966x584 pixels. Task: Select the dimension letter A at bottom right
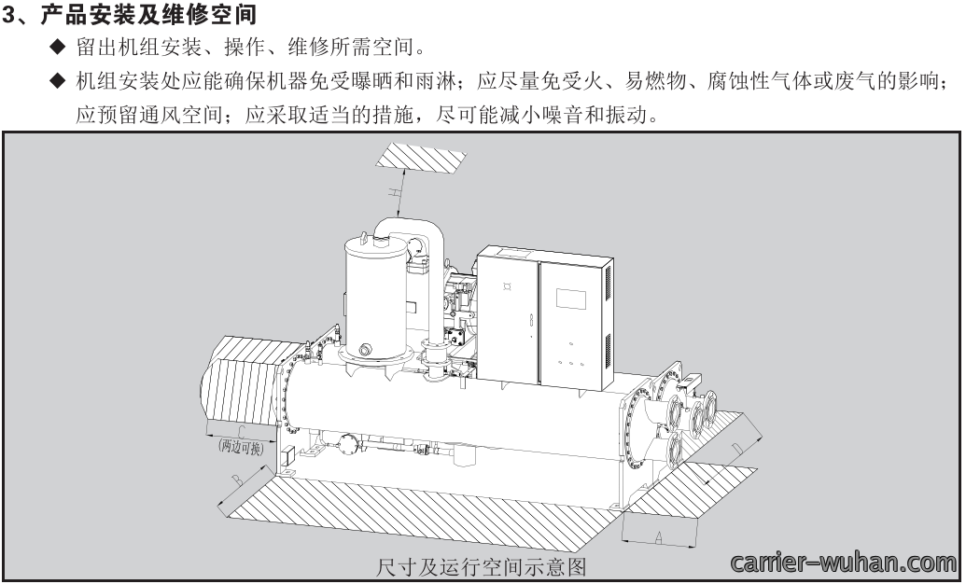pos(658,536)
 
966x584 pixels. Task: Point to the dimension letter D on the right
pos(735,447)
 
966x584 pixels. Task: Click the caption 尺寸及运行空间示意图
pos(481,566)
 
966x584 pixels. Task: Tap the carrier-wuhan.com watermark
pos(843,563)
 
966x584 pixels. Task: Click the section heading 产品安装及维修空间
pos(148,15)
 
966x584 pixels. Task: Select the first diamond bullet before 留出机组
pos(57,46)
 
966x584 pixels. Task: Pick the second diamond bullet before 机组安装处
pos(57,80)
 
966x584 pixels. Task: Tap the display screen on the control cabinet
pos(570,298)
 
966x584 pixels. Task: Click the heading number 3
pos(8,15)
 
